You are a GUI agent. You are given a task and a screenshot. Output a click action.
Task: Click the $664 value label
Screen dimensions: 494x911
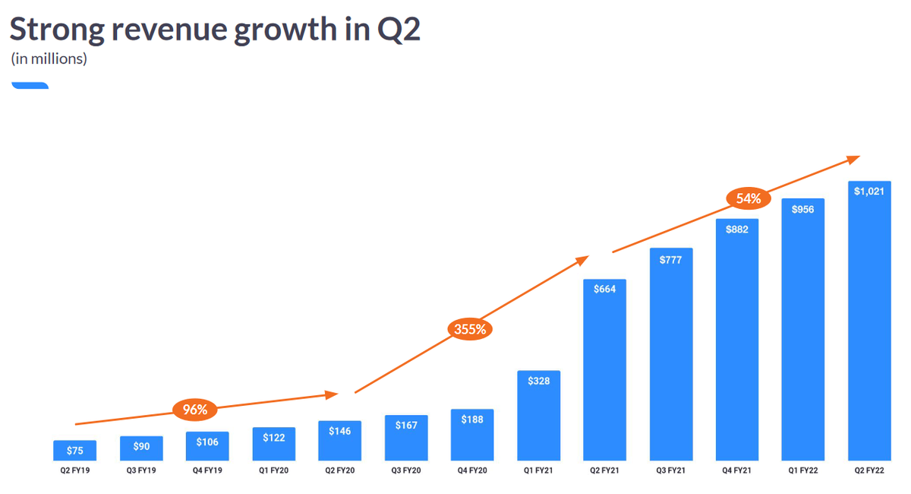point(605,289)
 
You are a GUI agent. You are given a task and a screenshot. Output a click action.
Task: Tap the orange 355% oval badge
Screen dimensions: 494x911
point(471,329)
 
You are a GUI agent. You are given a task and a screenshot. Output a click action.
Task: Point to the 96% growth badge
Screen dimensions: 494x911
point(195,410)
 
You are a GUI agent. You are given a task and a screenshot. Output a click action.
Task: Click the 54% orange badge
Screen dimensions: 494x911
point(749,199)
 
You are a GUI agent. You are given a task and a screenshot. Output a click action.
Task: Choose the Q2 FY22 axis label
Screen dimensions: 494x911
point(869,471)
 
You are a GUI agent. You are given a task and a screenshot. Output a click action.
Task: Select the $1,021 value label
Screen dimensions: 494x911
point(869,192)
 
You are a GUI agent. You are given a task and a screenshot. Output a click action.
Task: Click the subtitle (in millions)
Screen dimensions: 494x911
point(49,59)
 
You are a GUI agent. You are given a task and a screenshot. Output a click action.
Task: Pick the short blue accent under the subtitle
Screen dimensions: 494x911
point(30,86)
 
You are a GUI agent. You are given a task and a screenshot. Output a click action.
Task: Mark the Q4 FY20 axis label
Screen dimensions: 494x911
point(472,471)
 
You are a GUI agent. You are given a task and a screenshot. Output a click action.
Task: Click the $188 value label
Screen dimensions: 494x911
point(472,420)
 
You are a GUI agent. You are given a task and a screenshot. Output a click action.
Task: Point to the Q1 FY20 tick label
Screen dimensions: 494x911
point(274,471)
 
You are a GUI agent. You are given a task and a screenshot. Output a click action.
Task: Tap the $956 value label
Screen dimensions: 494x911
point(803,209)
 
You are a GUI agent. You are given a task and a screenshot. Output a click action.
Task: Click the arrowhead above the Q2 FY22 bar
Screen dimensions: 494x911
point(854,158)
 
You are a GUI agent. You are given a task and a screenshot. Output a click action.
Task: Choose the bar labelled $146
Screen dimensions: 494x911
point(340,441)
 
